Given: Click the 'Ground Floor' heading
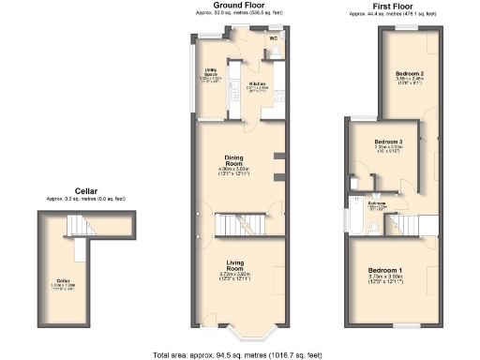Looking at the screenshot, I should (238, 6).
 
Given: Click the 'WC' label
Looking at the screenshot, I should (247, 38).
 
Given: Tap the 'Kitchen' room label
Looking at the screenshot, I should (258, 83).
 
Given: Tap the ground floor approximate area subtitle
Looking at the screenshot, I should (238, 12).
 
